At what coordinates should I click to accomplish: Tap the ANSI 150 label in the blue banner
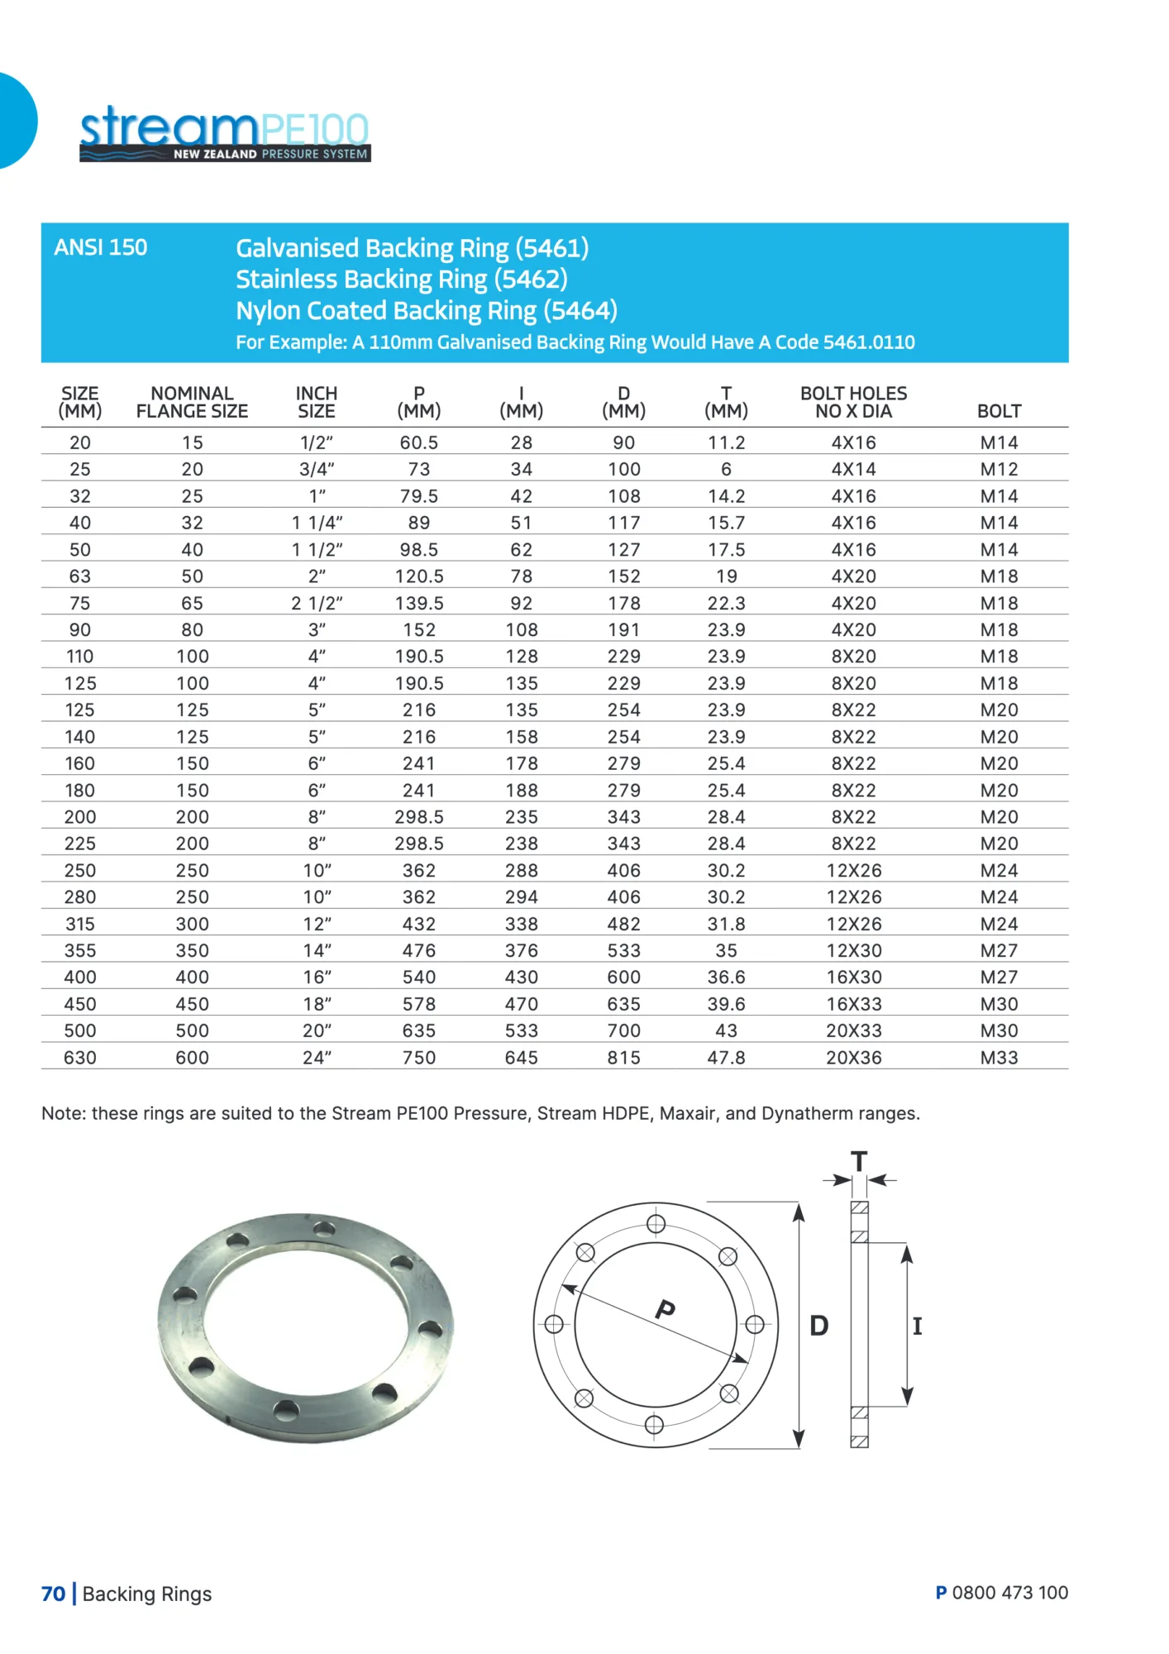[x=101, y=247]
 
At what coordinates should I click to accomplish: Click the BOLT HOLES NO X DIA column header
[x=853, y=403]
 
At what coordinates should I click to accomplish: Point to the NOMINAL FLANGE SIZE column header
[x=192, y=403]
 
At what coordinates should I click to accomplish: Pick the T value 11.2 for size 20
[x=726, y=442]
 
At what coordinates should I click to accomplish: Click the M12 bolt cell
[x=999, y=470]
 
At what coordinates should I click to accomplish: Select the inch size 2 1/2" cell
[x=317, y=604]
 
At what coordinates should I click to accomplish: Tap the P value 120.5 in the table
[x=419, y=576]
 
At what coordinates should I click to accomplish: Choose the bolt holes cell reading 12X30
[x=854, y=951]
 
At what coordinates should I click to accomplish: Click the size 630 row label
[x=80, y=1058]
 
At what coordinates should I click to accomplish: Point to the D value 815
[x=624, y=1058]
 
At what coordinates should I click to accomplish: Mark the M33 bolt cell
[x=999, y=1058]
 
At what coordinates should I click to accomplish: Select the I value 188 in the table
[x=522, y=791]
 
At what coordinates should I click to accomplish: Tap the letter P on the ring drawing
[x=666, y=1309]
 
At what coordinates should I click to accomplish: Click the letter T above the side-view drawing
[x=859, y=1162]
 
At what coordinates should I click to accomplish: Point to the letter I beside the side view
[x=917, y=1327]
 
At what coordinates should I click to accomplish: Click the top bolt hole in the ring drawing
[x=656, y=1224]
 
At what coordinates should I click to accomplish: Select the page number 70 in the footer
[x=53, y=1594]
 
